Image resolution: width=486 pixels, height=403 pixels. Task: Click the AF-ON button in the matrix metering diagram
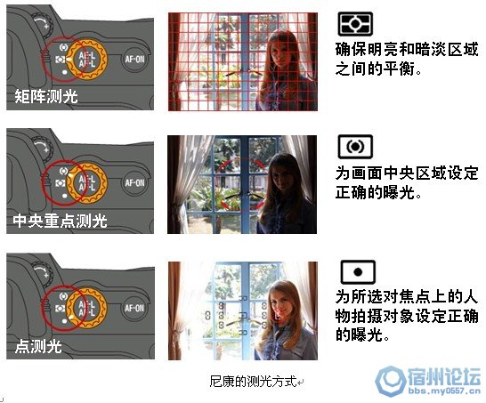(134, 59)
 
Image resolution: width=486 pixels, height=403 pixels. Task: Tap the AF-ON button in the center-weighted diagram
(134, 182)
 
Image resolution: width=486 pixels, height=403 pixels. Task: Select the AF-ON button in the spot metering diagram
(134, 308)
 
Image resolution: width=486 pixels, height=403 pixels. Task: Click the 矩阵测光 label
(46, 96)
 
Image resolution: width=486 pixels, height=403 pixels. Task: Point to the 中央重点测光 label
(61, 221)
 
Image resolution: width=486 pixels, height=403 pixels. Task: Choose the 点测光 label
(38, 346)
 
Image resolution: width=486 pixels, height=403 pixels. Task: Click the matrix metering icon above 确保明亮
(355, 23)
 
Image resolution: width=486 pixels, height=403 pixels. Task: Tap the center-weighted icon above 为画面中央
(355, 147)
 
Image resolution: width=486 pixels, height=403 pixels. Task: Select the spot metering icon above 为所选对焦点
(358, 272)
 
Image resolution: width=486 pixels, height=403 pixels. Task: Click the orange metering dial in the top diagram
(87, 59)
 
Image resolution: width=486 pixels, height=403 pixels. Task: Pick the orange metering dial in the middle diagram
(87, 183)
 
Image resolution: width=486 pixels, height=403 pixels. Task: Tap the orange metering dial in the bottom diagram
(87, 308)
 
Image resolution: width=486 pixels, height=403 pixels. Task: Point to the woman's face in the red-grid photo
(279, 52)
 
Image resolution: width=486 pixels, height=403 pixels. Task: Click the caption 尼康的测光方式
(253, 381)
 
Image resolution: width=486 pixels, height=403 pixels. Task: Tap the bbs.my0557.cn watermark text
(444, 391)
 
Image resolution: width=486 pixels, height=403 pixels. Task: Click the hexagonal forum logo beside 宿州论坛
(390, 381)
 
